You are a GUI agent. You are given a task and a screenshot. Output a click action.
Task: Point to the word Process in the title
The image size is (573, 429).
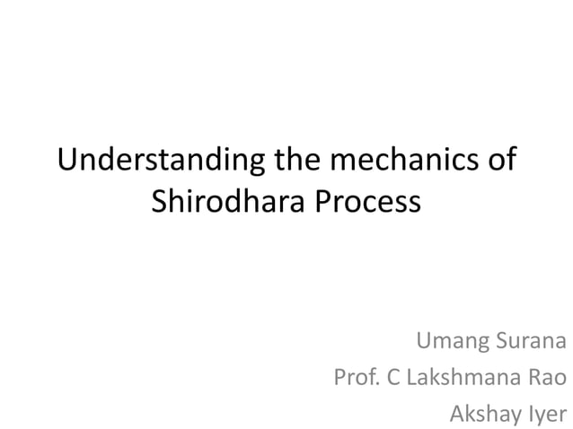[x=368, y=201]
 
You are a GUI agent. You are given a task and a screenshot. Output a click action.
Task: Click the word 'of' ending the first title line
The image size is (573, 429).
[x=501, y=162]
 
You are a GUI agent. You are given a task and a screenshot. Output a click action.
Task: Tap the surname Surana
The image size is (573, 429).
[x=531, y=341]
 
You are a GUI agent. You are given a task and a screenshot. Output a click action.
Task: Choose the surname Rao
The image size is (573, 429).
[x=547, y=378]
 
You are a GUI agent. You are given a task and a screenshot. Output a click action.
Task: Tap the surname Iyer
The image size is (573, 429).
[x=549, y=414]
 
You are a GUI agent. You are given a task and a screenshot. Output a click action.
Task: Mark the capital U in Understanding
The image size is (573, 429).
[x=66, y=162]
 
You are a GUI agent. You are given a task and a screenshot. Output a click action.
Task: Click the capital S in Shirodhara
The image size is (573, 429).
[x=158, y=201]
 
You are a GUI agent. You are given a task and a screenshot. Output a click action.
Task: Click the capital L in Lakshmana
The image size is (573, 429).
[x=411, y=378]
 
